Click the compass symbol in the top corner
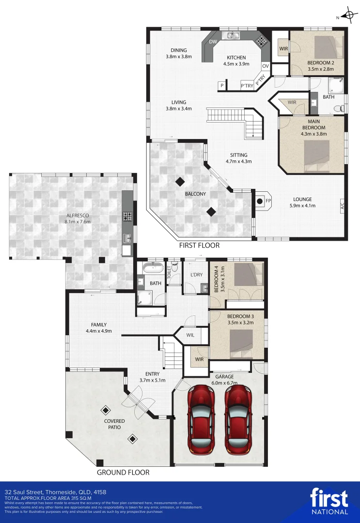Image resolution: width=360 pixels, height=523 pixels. (349, 15)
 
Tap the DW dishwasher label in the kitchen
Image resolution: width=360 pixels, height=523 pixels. (213, 42)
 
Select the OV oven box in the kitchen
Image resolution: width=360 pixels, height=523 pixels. (265, 66)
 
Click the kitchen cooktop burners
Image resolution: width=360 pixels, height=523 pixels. (261, 40)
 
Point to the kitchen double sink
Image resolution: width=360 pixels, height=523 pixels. (232, 35)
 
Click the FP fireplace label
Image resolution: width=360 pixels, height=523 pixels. (268, 201)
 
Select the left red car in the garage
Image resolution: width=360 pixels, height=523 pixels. (201, 419)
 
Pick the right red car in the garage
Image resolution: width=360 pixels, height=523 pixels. (238, 419)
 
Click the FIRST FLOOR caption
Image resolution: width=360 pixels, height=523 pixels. (199, 246)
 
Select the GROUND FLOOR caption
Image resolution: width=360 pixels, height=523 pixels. (123, 472)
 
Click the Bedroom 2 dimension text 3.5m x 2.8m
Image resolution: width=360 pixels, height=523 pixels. (321, 69)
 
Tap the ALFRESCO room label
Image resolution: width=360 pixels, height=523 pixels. (78, 215)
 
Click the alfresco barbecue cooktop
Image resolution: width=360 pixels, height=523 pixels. (127, 216)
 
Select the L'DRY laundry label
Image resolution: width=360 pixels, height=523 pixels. (197, 275)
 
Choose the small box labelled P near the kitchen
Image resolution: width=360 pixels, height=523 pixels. (222, 86)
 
